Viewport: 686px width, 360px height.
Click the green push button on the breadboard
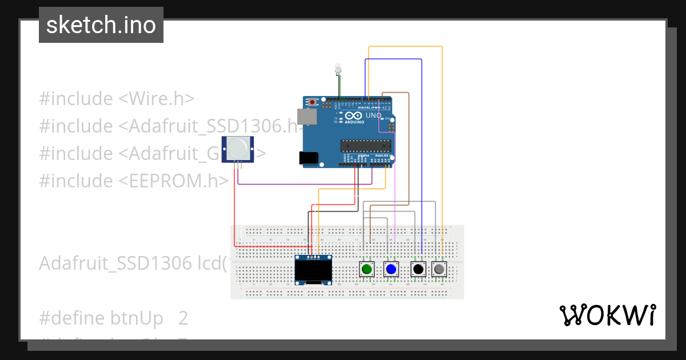click(366, 269)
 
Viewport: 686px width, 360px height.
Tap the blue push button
click(391, 269)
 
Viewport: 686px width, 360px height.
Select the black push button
click(418, 269)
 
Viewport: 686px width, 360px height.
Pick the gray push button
click(439, 269)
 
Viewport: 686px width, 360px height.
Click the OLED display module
click(313, 270)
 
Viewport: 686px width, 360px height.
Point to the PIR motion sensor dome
click(238, 149)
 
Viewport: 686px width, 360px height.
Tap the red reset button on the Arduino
click(312, 102)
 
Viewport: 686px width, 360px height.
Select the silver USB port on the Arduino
click(310, 117)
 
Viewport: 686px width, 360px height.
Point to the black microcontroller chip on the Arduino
click(365, 146)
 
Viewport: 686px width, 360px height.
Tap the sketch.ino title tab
click(101, 25)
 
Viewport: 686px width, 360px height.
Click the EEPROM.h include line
click(134, 181)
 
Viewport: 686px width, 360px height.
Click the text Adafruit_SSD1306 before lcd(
click(115, 263)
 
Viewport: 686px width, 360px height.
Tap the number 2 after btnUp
click(183, 318)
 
